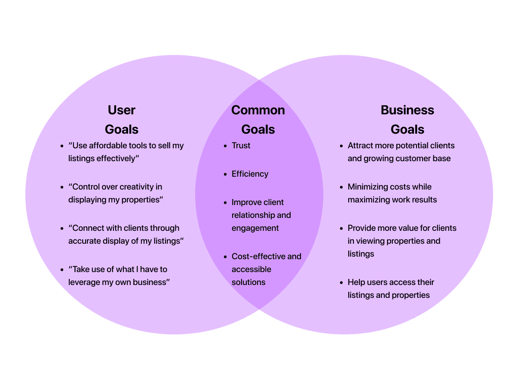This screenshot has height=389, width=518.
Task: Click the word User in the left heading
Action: pos(122,110)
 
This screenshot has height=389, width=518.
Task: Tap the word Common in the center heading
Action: pos(258,110)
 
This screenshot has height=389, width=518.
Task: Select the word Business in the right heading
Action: pos(407,110)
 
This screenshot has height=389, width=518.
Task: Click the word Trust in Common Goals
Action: pos(241,146)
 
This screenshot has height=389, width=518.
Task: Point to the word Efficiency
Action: pos(250,174)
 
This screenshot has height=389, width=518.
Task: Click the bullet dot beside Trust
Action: pos(226,146)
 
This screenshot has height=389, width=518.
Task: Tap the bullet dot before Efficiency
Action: pos(226,175)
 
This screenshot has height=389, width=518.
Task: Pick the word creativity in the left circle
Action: pos(141,187)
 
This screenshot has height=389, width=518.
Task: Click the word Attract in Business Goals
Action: pos(360,146)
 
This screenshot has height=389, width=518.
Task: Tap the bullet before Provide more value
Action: pos(341,229)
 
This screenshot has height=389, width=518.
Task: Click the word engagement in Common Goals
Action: pos(255,228)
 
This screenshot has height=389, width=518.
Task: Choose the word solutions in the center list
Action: pos(248,282)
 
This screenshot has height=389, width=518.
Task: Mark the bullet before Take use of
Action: pos(62,270)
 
